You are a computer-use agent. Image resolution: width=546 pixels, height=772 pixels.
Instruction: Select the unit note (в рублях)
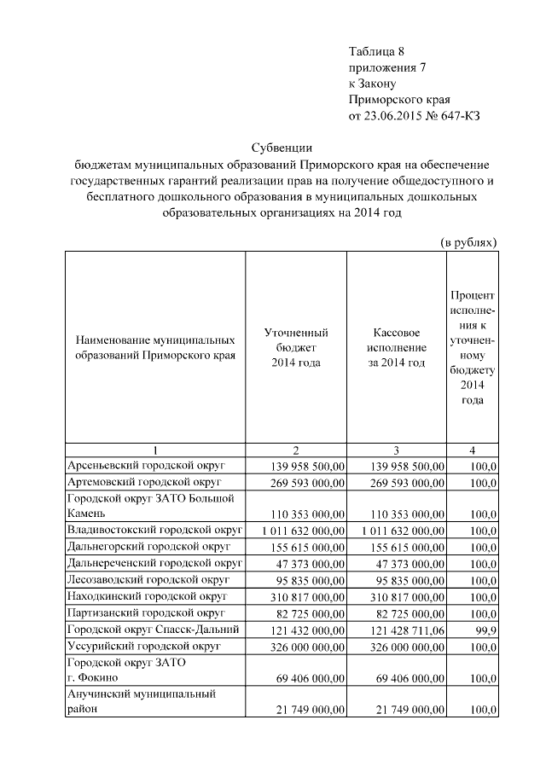pyautogui.click(x=468, y=242)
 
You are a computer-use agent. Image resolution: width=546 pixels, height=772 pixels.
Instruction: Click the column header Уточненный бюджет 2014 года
pyautogui.click(x=296, y=348)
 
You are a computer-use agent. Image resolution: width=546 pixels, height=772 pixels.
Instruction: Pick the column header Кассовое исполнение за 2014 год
pyautogui.click(x=396, y=348)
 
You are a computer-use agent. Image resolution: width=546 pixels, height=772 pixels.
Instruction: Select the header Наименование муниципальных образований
pyautogui.click(x=154, y=348)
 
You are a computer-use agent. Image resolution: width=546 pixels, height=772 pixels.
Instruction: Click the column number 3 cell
pyautogui.click(x=396, y=450)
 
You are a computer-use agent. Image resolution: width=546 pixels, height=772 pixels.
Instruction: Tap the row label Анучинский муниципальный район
pyautogui.click(x=141, y=702)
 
